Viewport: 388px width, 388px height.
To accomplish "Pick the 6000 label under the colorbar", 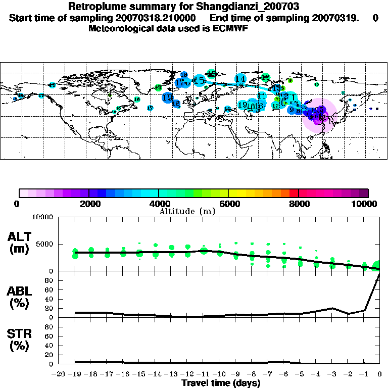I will click(229, 204).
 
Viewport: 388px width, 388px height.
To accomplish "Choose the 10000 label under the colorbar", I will click(366, 204).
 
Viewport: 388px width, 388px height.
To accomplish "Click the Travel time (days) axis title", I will click(221, 383).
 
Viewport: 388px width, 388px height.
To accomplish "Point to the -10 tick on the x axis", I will click(220, 374).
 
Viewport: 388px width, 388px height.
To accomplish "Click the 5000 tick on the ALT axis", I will click(44, 244).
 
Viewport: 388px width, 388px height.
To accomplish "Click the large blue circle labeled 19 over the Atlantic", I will click(168, 98).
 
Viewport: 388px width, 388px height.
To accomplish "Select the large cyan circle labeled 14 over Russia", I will click(240, 79).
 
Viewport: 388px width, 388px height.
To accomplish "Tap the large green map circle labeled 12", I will click(266, 78).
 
